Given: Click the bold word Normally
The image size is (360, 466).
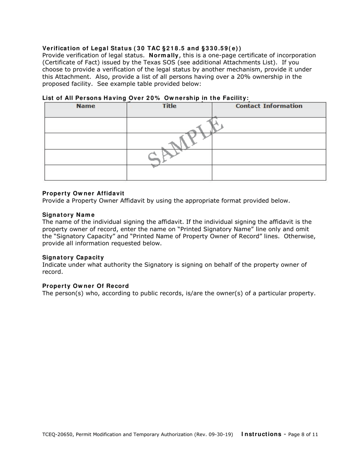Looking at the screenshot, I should [x=164, y=55].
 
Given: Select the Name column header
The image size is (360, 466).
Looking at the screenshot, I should [x=86, y=106].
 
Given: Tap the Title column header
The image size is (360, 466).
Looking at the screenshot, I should [x=169, y=106].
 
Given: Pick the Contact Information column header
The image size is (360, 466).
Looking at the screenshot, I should [x=269, y=106].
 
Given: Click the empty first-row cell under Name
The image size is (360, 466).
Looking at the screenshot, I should [x=86, y=125].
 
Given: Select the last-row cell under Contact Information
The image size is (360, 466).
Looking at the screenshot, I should [x=269, y=173].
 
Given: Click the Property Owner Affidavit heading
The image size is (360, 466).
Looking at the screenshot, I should [x=83, y=193].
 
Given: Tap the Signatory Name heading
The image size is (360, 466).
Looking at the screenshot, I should [x=68, y=215].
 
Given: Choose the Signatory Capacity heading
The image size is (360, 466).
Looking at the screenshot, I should [x=73, y=257].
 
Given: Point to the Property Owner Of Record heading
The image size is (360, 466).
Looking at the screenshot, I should [x=85, y=286].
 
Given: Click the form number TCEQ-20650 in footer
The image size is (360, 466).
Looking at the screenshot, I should [x=57, y=435].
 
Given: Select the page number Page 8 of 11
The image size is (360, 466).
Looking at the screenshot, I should [x=303, y=435].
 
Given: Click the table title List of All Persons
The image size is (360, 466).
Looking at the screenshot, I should [x=146, y=98].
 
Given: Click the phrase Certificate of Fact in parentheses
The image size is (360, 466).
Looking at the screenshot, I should [x=68, y=63].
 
